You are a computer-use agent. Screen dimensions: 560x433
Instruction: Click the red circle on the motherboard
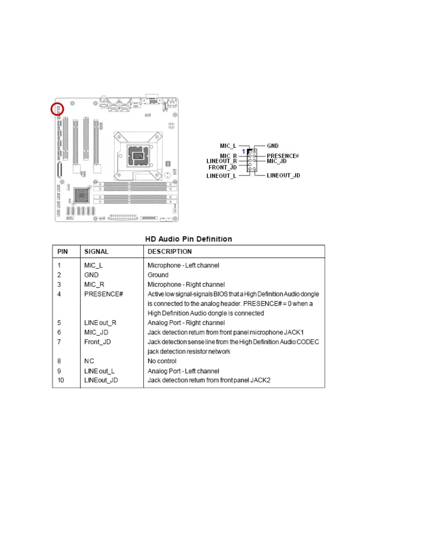pyautogui.click(x=57, y=109)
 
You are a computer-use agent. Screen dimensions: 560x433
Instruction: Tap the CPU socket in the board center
pyautogui.click(x=138, y=156)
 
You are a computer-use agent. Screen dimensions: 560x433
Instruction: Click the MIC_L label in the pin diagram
pyautogui.click(x=228, y=146)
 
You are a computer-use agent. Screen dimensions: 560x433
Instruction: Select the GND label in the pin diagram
pyautogui.click(x=272, y=146)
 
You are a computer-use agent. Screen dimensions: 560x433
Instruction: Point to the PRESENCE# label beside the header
pyautogui.click(x=283, y=156)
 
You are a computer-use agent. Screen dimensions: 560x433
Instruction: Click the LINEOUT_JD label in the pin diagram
pyautogui.click(x=283, y=176)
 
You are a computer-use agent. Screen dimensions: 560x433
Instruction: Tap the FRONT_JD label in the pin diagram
pyautogui.click(x=223, y=168)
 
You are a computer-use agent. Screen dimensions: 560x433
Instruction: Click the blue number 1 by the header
pyautogui.click(x=243, y=151)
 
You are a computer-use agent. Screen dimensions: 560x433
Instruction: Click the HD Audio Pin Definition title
pyautogui.click(x=189, y=239)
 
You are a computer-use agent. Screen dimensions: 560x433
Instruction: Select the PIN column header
pyautogui.click(x=63, y=252)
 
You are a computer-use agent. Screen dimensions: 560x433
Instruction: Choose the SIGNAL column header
pyautogui.click(x=96, y=252)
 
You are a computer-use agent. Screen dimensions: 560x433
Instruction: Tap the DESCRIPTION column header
pyautogui.click(x=170, y=252)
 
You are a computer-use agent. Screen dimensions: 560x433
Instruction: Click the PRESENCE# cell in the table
pyautogui.click(x=104, y=294)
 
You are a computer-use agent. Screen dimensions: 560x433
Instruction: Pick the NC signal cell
pyautogui.click(x=89, y=361)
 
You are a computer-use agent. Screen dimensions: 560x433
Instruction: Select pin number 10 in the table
pyautogui.click(x=61, y=380)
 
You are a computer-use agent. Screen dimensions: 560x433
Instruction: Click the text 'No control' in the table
pyautogui.click(x=162, y=361)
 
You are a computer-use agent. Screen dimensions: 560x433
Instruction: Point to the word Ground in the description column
pyautogui.click(x=158, y=275)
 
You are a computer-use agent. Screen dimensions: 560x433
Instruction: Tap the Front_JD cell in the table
pyautogui.click(x=98, y=342)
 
